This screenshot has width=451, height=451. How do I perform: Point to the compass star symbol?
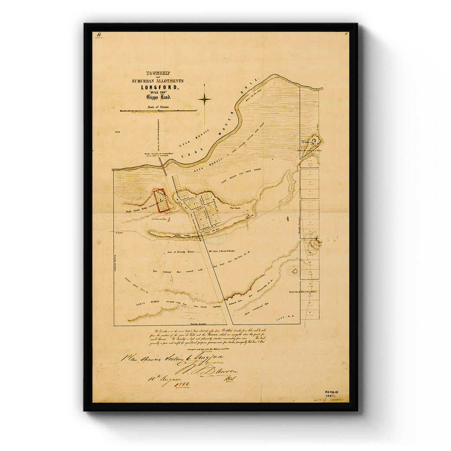click(x=205, y=99)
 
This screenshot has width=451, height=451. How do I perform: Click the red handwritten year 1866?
click(x=181, y=384)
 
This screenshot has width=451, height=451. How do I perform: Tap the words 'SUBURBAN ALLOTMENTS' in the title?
click(x=157, y=81)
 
